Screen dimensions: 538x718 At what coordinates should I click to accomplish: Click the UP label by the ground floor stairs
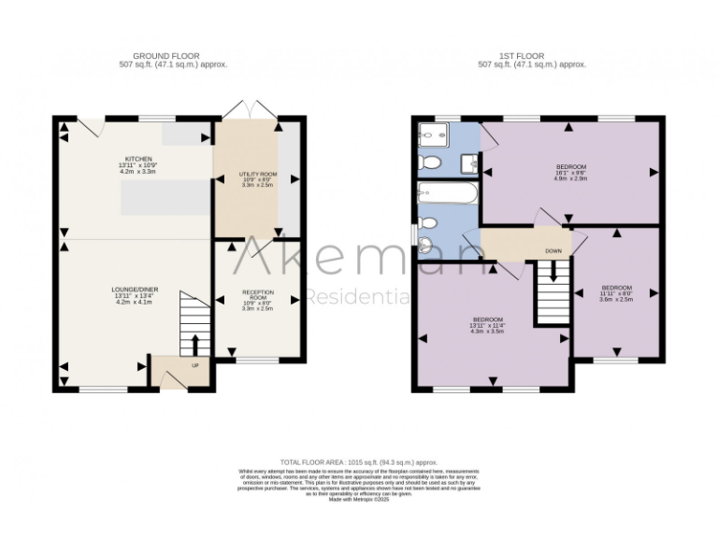[x=194, y=364]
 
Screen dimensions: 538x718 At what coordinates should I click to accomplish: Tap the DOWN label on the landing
[x=553, y=250]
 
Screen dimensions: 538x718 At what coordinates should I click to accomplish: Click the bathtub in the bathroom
[x=448, y=194]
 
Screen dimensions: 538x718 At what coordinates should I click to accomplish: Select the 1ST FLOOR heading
[x=531, y=55]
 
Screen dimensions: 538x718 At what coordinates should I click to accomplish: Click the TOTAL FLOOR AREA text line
[x=359, y=461]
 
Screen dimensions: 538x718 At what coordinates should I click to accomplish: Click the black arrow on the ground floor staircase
[x=194, y=343]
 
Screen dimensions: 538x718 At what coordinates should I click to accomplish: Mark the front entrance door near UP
[x=171, y=379]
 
